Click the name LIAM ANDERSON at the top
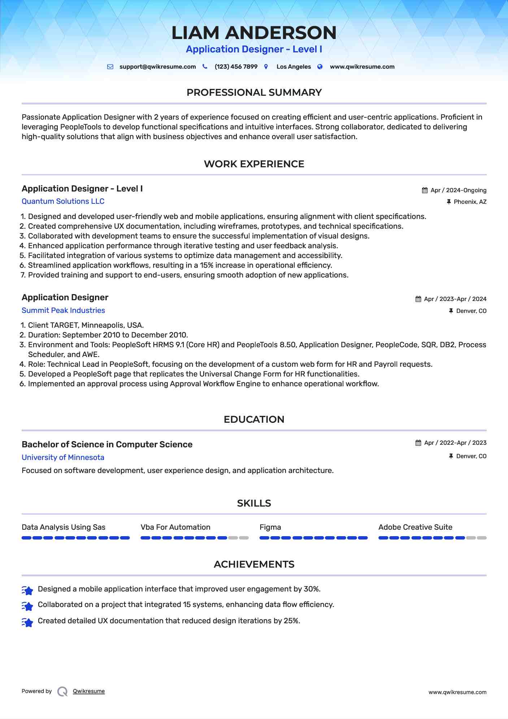254,33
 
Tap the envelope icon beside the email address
110,67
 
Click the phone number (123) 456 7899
236,67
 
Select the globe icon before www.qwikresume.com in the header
320,67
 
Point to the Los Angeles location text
294,67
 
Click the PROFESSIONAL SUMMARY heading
254,92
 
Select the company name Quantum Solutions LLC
63,201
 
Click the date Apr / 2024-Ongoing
458,190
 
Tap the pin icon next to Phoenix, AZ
449,202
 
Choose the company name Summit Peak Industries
63,310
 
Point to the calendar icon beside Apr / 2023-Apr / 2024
418,299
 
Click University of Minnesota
63,457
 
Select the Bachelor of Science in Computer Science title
107,444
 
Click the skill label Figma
270,527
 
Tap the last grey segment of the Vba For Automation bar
244,538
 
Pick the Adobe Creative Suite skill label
415,527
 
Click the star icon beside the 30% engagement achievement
27,590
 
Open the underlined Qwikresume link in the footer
89,691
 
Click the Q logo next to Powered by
62,692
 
